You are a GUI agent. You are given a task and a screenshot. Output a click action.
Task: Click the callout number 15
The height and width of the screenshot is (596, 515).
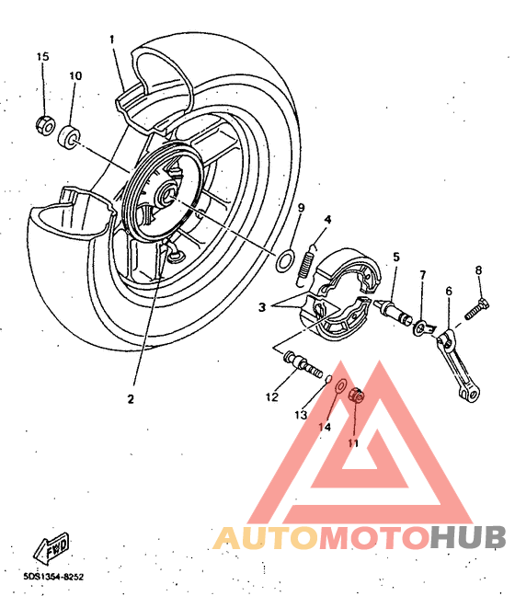pyautogui.click(x=43, y=57)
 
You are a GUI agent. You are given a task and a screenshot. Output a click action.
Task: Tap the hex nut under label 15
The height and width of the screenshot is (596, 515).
pyautogui.click(x=45, y=125)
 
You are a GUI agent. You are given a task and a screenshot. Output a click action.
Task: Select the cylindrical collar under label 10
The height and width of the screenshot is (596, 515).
pyautogui.click(x=69, y=137)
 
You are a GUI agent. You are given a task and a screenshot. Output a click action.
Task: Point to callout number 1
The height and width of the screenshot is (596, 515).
pyautogui.click(x=112, y=40)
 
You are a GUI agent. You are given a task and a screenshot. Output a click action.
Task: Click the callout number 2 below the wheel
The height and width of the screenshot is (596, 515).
pyautogui.click(x=131, y=399)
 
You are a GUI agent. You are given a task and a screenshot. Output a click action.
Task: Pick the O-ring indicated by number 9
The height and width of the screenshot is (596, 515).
pyautogui.click(x=285, y=260)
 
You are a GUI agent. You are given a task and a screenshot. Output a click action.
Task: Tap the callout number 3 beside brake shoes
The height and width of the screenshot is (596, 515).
pyautogui.click(x=262, y=307)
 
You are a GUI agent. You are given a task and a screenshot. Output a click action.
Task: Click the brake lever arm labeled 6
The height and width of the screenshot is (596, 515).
pyautogui.click(x=458, y=365)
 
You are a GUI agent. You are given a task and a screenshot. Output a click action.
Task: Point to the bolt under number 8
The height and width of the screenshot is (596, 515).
pyautogui.click(x=477, y=309)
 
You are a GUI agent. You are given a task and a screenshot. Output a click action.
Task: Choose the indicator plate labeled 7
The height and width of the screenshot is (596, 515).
pyautogui.click(x=423, y=327)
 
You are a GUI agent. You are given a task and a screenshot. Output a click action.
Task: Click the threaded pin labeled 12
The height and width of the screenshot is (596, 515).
pyautogui.click(x=303, y=364)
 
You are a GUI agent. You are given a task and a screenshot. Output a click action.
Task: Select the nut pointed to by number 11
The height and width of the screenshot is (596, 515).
pyautogui.click(x=357, y=395)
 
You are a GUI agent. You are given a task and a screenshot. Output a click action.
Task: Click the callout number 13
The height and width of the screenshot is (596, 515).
pyautogui.click(x=301, y=415)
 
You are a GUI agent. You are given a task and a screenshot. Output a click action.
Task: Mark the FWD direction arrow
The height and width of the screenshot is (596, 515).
pyautogui.click(x=51, y=547)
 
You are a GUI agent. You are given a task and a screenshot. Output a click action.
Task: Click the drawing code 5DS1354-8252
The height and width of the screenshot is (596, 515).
pyautogui.click(x=53, y=577)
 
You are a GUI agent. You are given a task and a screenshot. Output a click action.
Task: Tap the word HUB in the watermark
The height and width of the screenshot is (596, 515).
pyautogui.click(x=468, y=537)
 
